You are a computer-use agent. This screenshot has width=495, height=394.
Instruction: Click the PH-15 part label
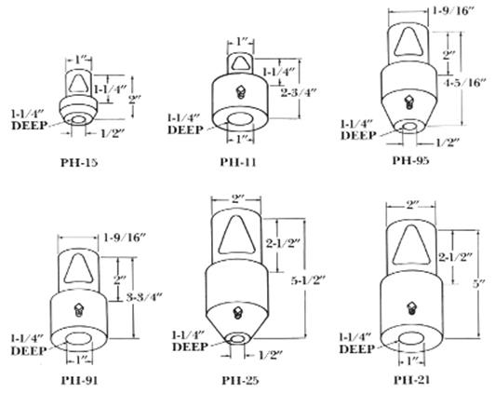tap(79, 162)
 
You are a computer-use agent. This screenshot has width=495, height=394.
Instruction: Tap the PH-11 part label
tap(238, 162)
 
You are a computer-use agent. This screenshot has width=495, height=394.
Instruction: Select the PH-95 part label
tap(411, 160)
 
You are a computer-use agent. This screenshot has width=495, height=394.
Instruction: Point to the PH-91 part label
tap(79, 380)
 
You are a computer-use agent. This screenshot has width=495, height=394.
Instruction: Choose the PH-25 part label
tap(240, 380)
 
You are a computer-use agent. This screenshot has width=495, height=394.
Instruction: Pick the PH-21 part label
tap(411, 379)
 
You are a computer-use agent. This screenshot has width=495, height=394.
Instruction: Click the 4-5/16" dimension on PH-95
tap(464, 83)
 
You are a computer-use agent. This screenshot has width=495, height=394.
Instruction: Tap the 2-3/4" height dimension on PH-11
tap(299, 92)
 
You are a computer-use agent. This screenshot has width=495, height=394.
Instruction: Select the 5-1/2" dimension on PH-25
tap(308, 280)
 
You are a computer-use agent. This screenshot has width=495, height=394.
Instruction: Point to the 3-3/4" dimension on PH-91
tap(144, 297)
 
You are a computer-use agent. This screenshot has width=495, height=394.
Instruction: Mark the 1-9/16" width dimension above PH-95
tap(453, 11)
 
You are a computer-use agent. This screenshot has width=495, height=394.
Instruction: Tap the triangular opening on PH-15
tap(78, 83)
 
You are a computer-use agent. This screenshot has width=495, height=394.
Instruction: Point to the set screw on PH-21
tap(411, 307)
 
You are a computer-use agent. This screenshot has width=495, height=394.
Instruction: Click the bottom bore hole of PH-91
tap(79, 338)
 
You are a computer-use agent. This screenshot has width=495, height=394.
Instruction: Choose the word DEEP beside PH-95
tap(358, 135)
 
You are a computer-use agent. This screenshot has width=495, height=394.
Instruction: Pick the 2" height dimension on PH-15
tap(134, 100)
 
